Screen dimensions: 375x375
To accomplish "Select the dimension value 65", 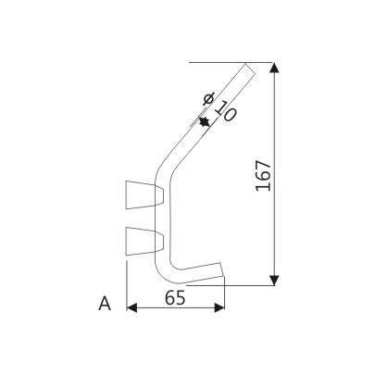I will coord(174,298).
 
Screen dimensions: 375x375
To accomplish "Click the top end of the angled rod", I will coord(247,67).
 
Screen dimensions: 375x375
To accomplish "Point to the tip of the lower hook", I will coord(223,272).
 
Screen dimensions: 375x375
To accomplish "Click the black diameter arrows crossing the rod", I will coord(203,120).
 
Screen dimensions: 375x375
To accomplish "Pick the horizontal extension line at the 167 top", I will coord(231,62).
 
